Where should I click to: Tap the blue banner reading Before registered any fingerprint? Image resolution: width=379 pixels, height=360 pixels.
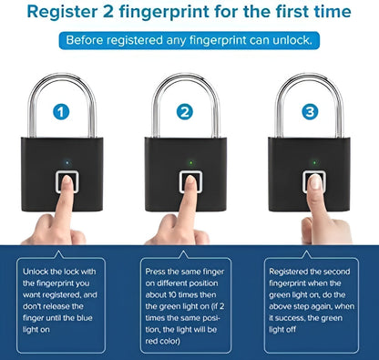click(189, 41)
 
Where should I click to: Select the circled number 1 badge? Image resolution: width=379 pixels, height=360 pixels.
click(62, 113)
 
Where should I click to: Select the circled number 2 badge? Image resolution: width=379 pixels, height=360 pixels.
click(186, 113)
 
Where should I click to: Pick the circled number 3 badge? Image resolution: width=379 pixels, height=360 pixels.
click(310, 113)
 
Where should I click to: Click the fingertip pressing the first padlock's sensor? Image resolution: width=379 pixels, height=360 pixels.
click(66, 183)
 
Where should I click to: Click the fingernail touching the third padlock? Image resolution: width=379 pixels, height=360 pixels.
click(314, 183)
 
